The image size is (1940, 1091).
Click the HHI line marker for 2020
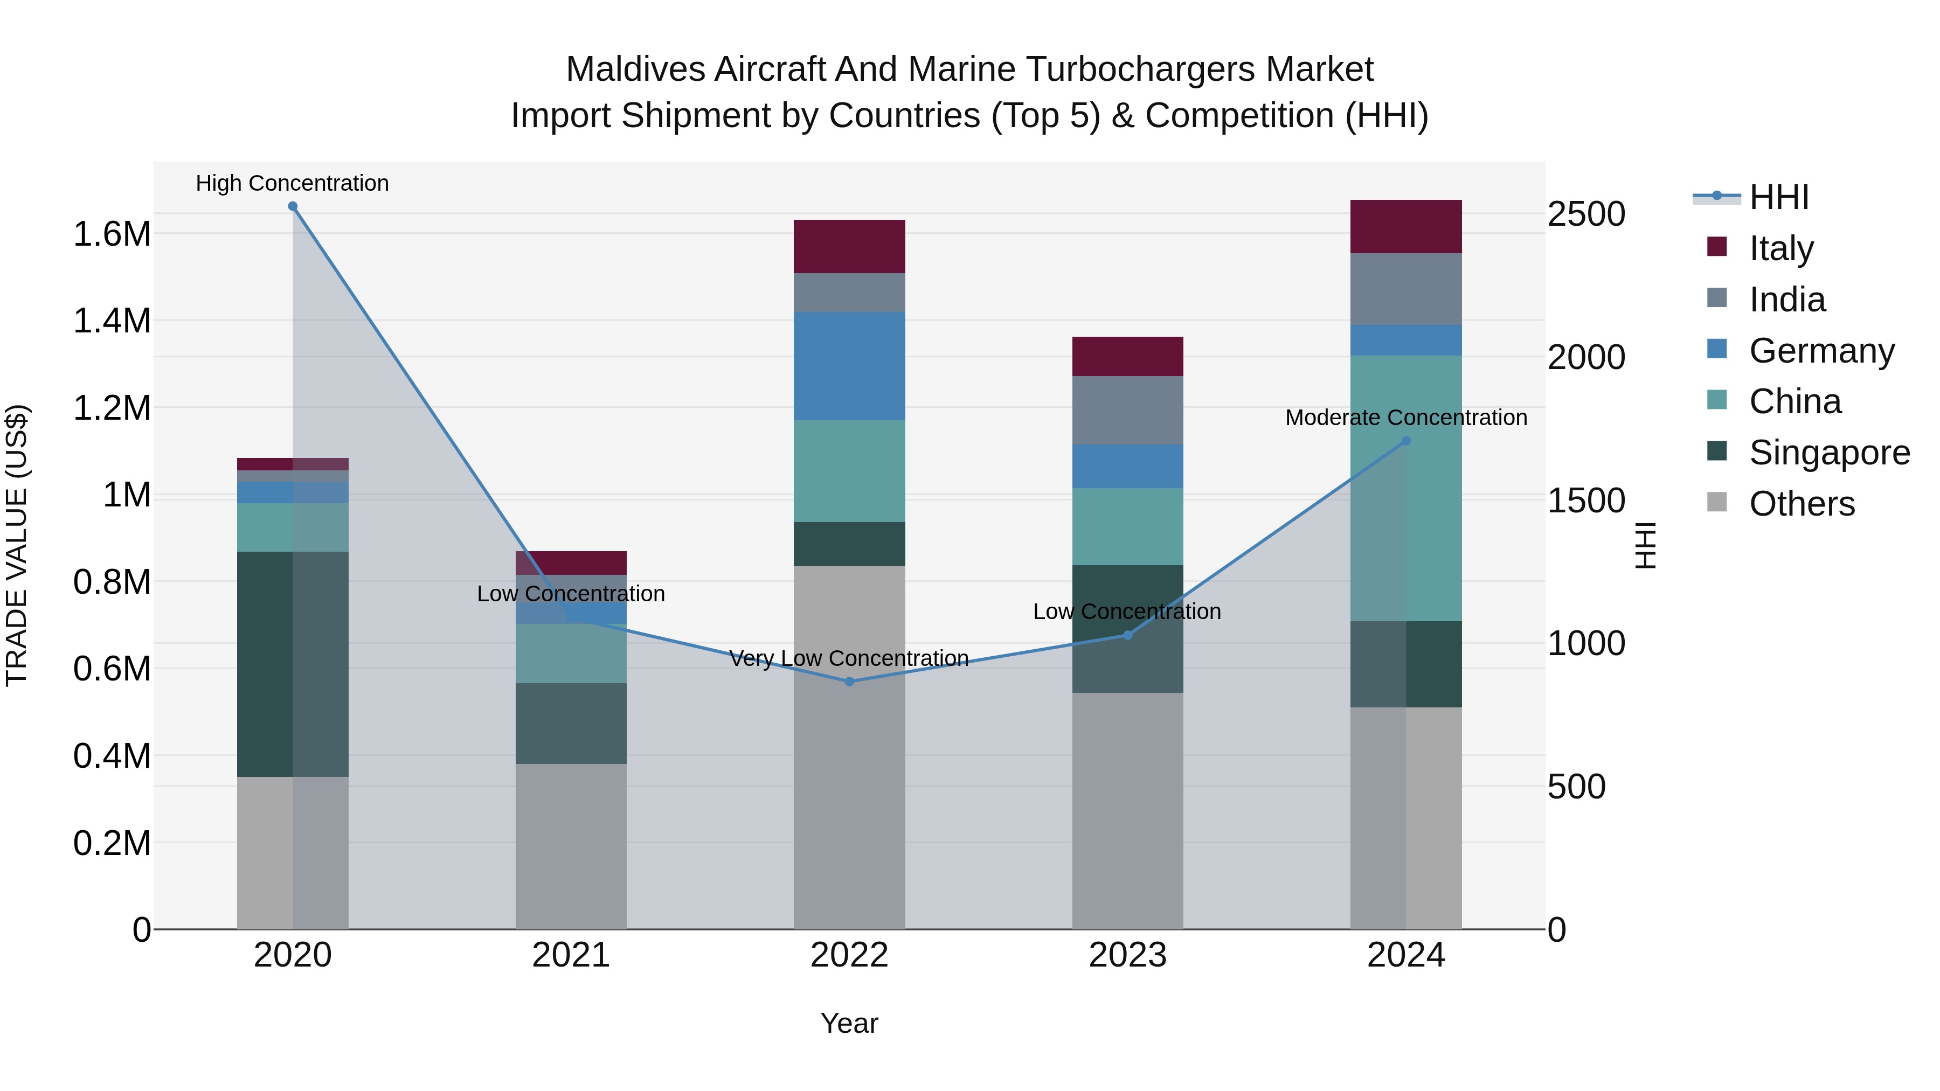(293, 206)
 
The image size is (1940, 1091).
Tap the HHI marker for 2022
(849, 682)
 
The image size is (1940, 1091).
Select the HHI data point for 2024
(1406, 441)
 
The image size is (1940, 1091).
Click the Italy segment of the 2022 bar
(849, 247)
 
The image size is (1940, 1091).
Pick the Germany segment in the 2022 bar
(849, 366)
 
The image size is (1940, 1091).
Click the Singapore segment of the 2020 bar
(293, 664)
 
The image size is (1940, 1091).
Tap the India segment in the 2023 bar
(1127, 411)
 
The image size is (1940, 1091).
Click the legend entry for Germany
(1821, 351)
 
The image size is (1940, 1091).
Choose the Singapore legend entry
(1828, 453)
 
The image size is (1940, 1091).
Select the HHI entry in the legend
(1778, 197)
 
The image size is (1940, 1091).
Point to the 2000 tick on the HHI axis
(1586, 358)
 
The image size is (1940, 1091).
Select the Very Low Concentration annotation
(849, 659)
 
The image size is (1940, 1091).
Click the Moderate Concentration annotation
(1405, 418)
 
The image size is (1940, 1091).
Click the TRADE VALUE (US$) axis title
(17, 545)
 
